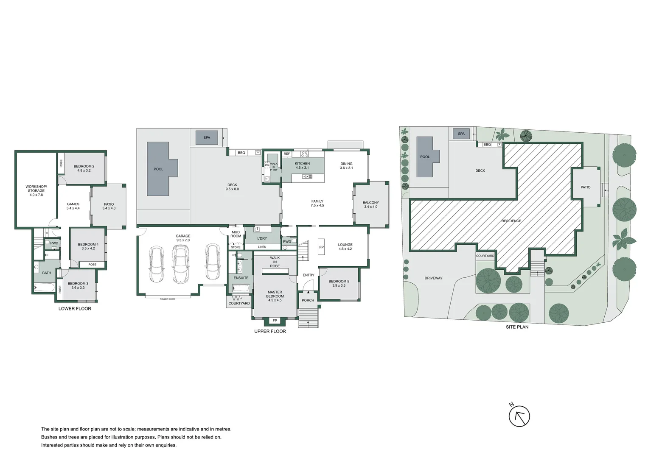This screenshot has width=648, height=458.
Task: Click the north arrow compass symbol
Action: (519, 416)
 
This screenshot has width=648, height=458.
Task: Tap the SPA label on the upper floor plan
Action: (207, 138)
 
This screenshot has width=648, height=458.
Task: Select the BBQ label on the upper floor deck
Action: (241, 153)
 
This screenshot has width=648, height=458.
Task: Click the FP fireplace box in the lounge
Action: (321, 247)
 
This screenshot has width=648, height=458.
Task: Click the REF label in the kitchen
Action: (287, 154)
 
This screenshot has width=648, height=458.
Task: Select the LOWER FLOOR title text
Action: (75, 309)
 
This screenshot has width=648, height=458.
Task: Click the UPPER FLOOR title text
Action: (270, 331)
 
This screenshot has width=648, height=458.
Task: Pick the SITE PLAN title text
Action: (517, 327)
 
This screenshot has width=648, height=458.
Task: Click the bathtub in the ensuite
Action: (241, 288)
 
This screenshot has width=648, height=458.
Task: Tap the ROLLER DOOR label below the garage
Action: (167, 299)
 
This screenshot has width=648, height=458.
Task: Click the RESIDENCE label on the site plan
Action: (511, 221)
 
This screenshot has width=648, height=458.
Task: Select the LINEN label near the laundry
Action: (262, 247)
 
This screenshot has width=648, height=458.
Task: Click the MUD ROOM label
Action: (236, 234)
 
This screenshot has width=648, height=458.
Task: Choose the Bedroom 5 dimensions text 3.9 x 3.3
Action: (339, 285)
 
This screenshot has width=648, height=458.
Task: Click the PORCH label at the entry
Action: (308, 300)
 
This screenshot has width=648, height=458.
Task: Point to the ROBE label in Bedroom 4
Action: (92, 265)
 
